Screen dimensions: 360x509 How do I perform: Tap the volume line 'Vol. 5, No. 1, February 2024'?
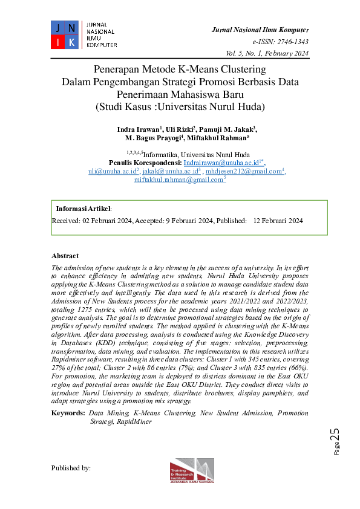[x=267, y=54]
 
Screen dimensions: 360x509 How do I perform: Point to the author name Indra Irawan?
[x=137, y=130]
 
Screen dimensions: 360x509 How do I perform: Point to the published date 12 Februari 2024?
[x=278, y=221]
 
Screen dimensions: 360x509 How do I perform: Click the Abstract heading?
[x=65, y=256]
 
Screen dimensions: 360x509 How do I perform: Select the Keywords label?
[x=68, y=413]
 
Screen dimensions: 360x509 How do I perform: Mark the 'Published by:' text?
[x=71, y=468]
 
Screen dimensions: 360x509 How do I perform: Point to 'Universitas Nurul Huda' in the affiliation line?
[x=218, y=155]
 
